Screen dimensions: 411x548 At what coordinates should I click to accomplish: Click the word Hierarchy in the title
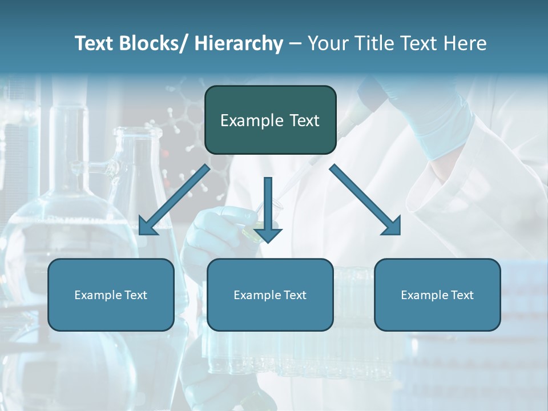238,44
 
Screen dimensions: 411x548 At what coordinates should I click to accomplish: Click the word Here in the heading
466,44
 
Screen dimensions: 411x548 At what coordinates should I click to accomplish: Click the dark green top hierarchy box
270,120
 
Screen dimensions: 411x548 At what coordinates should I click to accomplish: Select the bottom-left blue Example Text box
111,295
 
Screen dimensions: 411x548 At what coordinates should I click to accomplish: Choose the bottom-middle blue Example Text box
270,295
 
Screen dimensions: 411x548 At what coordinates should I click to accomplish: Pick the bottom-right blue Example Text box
437,295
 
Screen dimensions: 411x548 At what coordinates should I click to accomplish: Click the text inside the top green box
270,120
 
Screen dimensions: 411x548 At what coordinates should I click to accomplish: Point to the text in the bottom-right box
437,295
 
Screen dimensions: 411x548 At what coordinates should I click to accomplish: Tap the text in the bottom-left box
111,295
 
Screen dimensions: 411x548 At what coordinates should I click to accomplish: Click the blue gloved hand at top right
440,123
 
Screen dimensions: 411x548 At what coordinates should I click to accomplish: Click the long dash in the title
295,44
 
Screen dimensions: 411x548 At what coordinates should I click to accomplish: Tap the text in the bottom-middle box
270,295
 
